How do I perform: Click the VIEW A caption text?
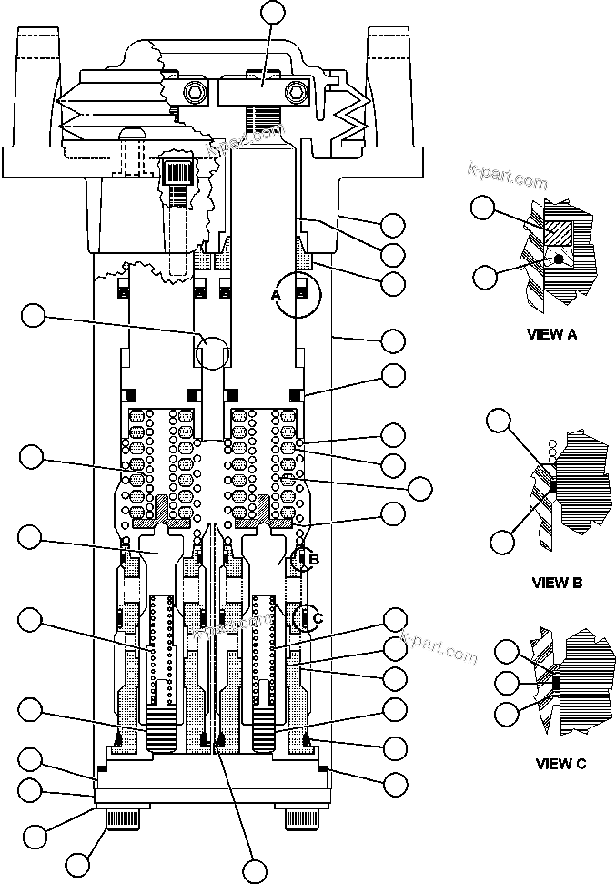click(551, 334)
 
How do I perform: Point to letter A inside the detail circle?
click(276, 295)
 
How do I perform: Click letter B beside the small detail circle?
click(314, 559)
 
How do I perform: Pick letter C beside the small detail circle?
click(318, 618)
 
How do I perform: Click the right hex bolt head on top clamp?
click(296, 93)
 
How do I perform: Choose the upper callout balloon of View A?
click(484, 209)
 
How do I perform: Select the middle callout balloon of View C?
click(506, 682)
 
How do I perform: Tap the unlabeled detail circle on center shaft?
click(214, 351)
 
